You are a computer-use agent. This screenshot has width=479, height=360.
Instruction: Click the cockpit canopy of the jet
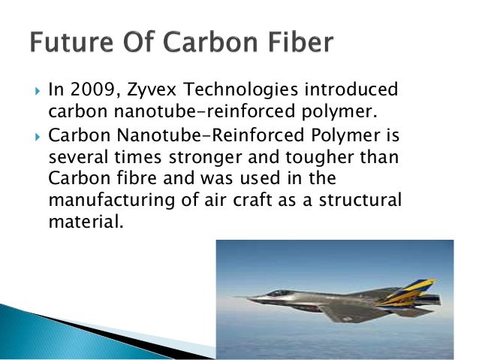click(280, 293)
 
